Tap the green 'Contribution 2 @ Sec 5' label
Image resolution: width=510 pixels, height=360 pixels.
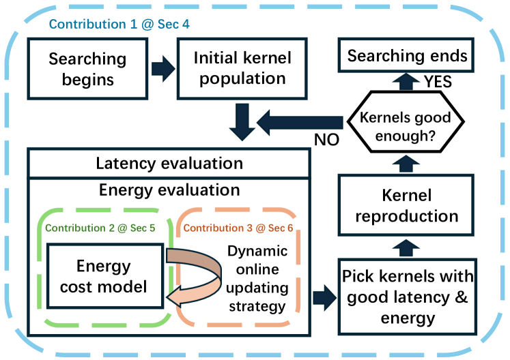(100, 228)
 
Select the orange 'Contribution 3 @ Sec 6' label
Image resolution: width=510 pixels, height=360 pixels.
(238, 228)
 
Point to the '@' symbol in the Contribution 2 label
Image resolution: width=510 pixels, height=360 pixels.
(122, 228)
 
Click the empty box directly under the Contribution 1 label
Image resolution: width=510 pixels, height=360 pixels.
(87, 69)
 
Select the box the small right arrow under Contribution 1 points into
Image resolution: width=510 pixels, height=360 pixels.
(242, 69)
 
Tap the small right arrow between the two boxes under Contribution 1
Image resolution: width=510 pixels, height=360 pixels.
(162, 70)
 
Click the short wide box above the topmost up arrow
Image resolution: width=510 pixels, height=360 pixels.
(406, 55)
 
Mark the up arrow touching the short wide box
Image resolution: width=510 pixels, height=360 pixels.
(406, 82)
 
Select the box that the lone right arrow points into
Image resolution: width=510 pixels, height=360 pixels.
(407, 297)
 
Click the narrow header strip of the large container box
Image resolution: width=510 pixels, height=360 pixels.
(169, 164)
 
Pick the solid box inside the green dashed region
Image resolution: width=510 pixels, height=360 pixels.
(105, 276)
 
